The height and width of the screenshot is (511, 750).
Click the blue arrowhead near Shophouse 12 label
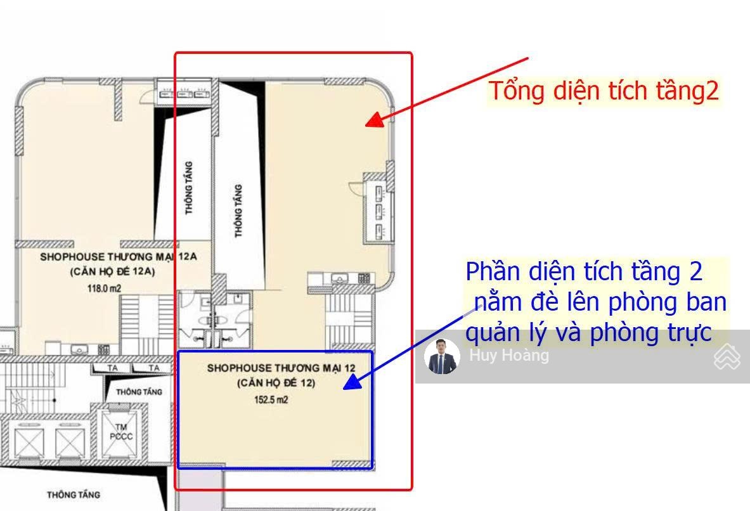[353, 382]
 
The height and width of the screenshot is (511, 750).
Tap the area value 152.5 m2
[271, 400]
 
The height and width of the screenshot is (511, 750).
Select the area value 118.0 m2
[104, 288]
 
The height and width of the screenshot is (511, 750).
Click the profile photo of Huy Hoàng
[442, 356]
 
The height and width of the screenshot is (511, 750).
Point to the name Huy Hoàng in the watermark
[509, 356]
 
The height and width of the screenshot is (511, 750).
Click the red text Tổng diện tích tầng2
[604, 91]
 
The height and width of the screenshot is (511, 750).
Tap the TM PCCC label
[120, 432]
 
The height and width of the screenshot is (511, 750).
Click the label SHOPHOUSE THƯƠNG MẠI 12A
[118, 257]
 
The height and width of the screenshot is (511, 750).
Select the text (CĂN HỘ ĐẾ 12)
[276, 383]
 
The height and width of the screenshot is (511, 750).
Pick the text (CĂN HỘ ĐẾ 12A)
[112, 272]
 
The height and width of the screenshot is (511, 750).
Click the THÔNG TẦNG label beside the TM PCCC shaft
[139, 392]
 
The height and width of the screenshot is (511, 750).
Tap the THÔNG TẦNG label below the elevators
[74, 495]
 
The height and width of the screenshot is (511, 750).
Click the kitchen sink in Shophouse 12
[340, 278]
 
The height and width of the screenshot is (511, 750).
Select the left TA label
[112, 368]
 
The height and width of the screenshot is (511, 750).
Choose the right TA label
[153, 368]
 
